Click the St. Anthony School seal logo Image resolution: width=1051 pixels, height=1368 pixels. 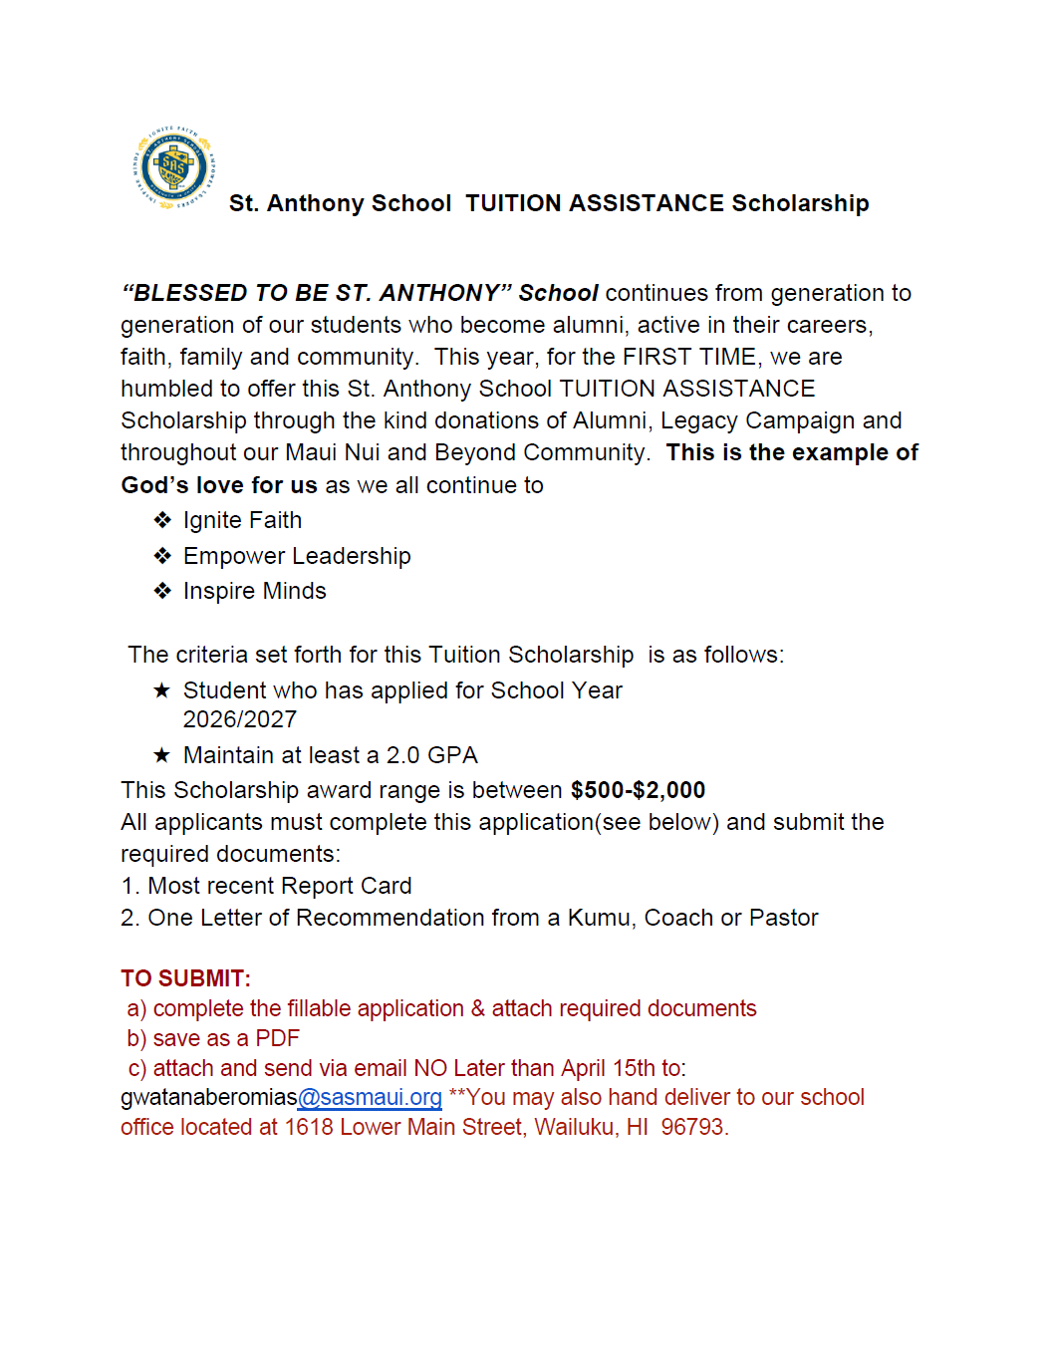click(174, 167)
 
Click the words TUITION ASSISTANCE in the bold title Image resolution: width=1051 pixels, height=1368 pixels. click(594, 203)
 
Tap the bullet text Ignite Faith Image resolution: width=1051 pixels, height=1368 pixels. click(242, 520)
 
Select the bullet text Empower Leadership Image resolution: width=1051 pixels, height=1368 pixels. click(297, 556)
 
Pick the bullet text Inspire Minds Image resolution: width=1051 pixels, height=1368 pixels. click(254, 591)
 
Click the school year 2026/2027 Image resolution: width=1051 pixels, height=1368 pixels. click(239, 719)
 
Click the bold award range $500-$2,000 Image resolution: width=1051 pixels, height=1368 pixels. click(638, 790)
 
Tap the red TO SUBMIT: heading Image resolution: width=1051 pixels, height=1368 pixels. click(185, 978)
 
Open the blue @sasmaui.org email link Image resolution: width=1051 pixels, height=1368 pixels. click(370, 1097)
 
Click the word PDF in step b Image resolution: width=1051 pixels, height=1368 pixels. click(277, 1038)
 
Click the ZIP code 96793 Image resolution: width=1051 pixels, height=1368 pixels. click(693, 1127)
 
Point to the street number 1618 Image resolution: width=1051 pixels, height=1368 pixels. click(309, 1127)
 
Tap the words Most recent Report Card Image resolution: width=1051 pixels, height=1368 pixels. click(279, 886)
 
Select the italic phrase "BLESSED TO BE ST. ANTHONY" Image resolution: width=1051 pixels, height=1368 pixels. click(317, 293)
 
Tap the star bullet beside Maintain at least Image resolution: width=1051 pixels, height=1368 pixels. click(161, 755)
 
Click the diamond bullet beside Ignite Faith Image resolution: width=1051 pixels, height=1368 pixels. click(162, 520)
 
